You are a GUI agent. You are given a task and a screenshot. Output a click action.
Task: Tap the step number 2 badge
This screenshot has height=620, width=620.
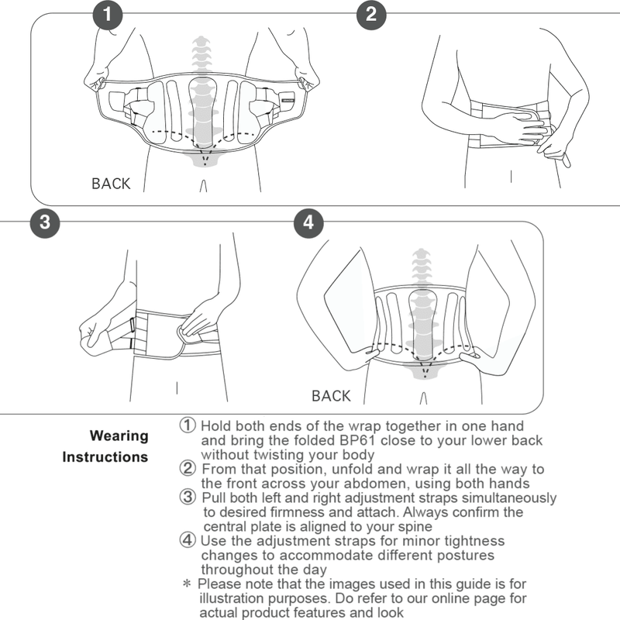point(371,14)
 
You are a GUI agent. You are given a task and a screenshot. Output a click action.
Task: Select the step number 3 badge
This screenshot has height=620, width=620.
point(45,222)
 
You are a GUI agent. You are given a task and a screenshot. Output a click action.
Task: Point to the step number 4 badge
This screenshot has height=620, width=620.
point(308,222)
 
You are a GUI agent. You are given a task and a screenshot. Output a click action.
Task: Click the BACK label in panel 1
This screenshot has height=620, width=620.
point(111,184)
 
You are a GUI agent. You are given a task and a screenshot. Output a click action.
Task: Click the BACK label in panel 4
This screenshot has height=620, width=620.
point(331,396)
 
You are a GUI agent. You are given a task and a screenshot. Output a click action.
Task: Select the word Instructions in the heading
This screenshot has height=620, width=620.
point(105,457)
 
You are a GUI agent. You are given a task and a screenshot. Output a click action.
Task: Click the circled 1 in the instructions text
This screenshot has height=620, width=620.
point(188,425)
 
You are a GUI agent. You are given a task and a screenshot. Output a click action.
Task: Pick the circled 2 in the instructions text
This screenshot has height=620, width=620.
point(188,469)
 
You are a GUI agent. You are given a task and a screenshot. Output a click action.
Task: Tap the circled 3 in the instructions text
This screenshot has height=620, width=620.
point(188,498)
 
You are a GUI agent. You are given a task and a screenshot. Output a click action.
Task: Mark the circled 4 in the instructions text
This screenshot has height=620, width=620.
point(188,540)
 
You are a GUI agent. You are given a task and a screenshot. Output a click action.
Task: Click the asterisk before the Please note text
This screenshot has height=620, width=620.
point(186,584)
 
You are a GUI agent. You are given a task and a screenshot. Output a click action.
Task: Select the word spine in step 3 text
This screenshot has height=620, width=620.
point(415,527)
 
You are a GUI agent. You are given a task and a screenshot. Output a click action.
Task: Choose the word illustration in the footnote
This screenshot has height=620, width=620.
point(234,598)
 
